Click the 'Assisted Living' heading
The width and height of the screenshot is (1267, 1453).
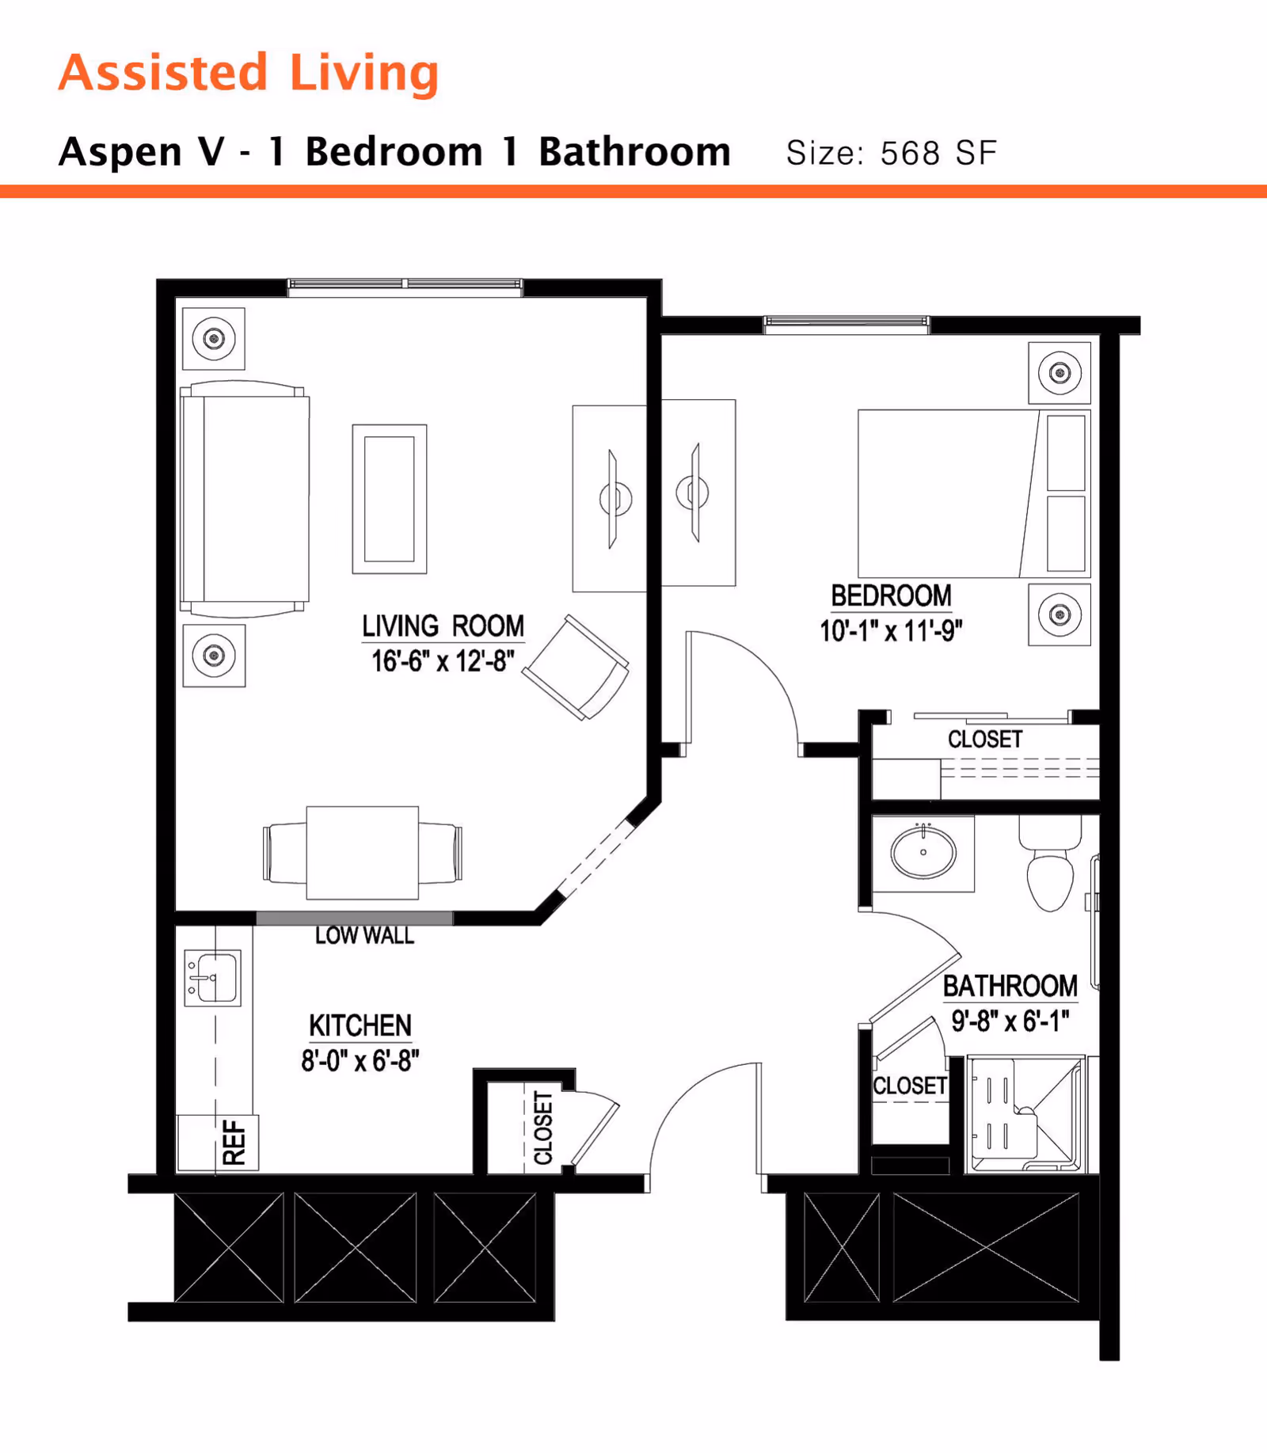(x=248, y=73)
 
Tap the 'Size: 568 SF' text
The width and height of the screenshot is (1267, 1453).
(x=891, y=153)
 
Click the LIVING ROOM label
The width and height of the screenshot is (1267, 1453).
(x=443, y=626)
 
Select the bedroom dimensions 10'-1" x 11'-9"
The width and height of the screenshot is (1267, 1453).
(x=891, y=631)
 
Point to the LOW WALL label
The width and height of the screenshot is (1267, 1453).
(x=364, y=936)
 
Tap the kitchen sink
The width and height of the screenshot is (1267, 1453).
(x=212, y=978)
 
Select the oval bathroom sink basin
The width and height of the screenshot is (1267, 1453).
(x=923, y=852)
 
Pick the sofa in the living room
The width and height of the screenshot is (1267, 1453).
(x=245, y=499)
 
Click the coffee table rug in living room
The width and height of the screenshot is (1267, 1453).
(x=390, y=499)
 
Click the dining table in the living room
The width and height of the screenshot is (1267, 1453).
(x=363, y=853)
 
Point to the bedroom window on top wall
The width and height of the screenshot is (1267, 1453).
(x=846, y=323)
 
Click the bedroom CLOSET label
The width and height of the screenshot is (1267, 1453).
(x=985, y=740)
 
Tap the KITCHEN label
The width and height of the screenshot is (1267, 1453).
(x=360, y=1025)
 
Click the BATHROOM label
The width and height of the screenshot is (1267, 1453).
(x=1010, y=986)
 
